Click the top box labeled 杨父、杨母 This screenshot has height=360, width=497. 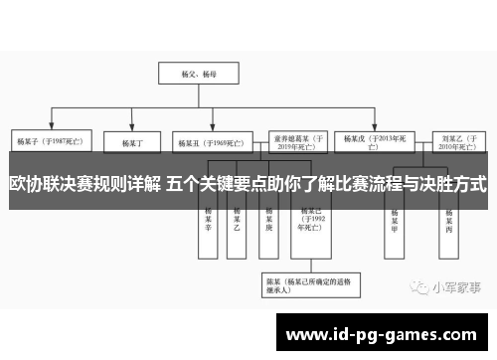189,73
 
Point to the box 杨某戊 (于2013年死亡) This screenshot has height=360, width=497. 372,141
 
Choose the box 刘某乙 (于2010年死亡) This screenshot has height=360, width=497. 454,141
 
